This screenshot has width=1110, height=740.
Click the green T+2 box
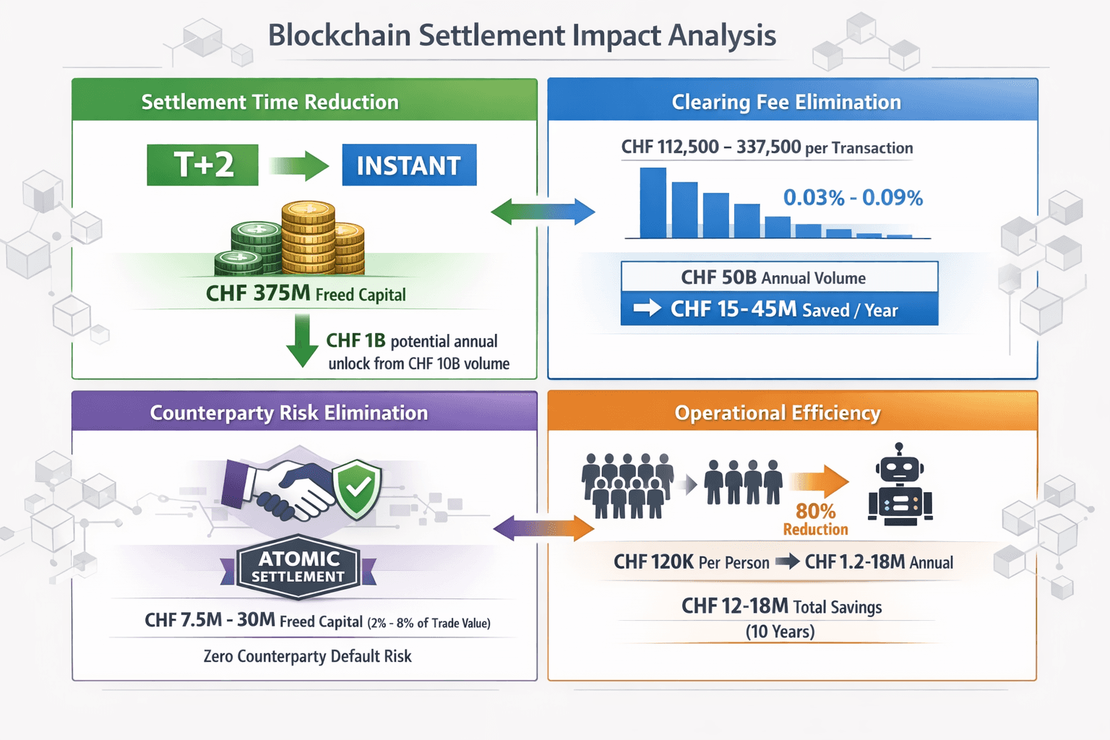(x=202, y=165)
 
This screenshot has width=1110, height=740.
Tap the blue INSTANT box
(x=409, y=165)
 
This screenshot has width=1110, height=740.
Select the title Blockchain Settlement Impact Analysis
(x=522, y=35)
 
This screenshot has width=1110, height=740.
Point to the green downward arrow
(x=302, y=340)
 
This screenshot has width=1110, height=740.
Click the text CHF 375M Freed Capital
(x=306, y=293)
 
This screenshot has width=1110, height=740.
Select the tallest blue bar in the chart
(x=653, y=203)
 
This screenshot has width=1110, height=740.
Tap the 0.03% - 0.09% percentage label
(x=853, y=197)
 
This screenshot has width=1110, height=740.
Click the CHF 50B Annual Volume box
(x=779, y=277)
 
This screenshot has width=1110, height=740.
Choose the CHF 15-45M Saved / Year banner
(x=779, y=309)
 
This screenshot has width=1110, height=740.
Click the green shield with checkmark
(x=357, y=489)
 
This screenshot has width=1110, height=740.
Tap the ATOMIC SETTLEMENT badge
(x=299, y=567)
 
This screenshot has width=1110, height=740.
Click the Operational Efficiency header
(x=778, y=413)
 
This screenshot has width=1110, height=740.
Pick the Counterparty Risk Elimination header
(x=289, y=413)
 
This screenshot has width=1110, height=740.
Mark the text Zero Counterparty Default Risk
(x=307, y=656)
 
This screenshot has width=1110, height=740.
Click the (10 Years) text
(x=780, y=632)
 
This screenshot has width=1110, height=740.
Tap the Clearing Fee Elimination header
(x=786, y=102)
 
